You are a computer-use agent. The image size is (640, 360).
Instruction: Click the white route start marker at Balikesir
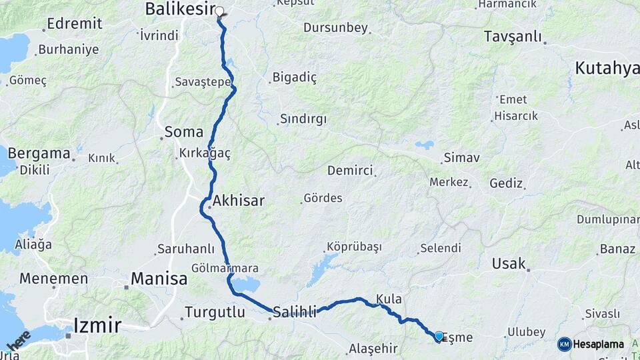pos(219,11)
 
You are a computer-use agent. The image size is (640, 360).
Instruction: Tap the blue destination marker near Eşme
pos(439,337)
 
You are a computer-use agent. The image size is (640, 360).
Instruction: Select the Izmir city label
pos(97,325)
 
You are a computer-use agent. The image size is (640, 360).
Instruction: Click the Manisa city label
pos(159,279)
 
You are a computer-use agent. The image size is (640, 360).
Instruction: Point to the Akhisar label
pos(238,200)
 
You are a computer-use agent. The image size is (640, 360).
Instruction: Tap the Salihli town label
pos(295,311)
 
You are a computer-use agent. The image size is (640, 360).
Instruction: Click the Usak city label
pos(509,263)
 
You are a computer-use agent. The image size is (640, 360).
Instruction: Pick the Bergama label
pos(39,153)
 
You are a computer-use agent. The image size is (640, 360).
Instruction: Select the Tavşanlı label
pos(513,37)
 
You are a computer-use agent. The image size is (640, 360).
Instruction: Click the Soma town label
pos(183,132)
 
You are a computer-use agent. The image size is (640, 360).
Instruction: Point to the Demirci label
pos(350,171)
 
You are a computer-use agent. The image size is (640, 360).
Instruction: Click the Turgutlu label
pos(215,311)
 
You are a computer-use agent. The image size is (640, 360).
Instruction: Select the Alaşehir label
pos(373,348)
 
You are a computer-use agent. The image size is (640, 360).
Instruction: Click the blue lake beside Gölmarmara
pos(247,285)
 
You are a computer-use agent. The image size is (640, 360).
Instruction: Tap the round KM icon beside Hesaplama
pos(564,344)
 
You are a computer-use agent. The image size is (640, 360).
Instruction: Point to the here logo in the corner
pos(19,340)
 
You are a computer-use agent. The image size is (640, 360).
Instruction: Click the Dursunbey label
pos(335,28)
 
